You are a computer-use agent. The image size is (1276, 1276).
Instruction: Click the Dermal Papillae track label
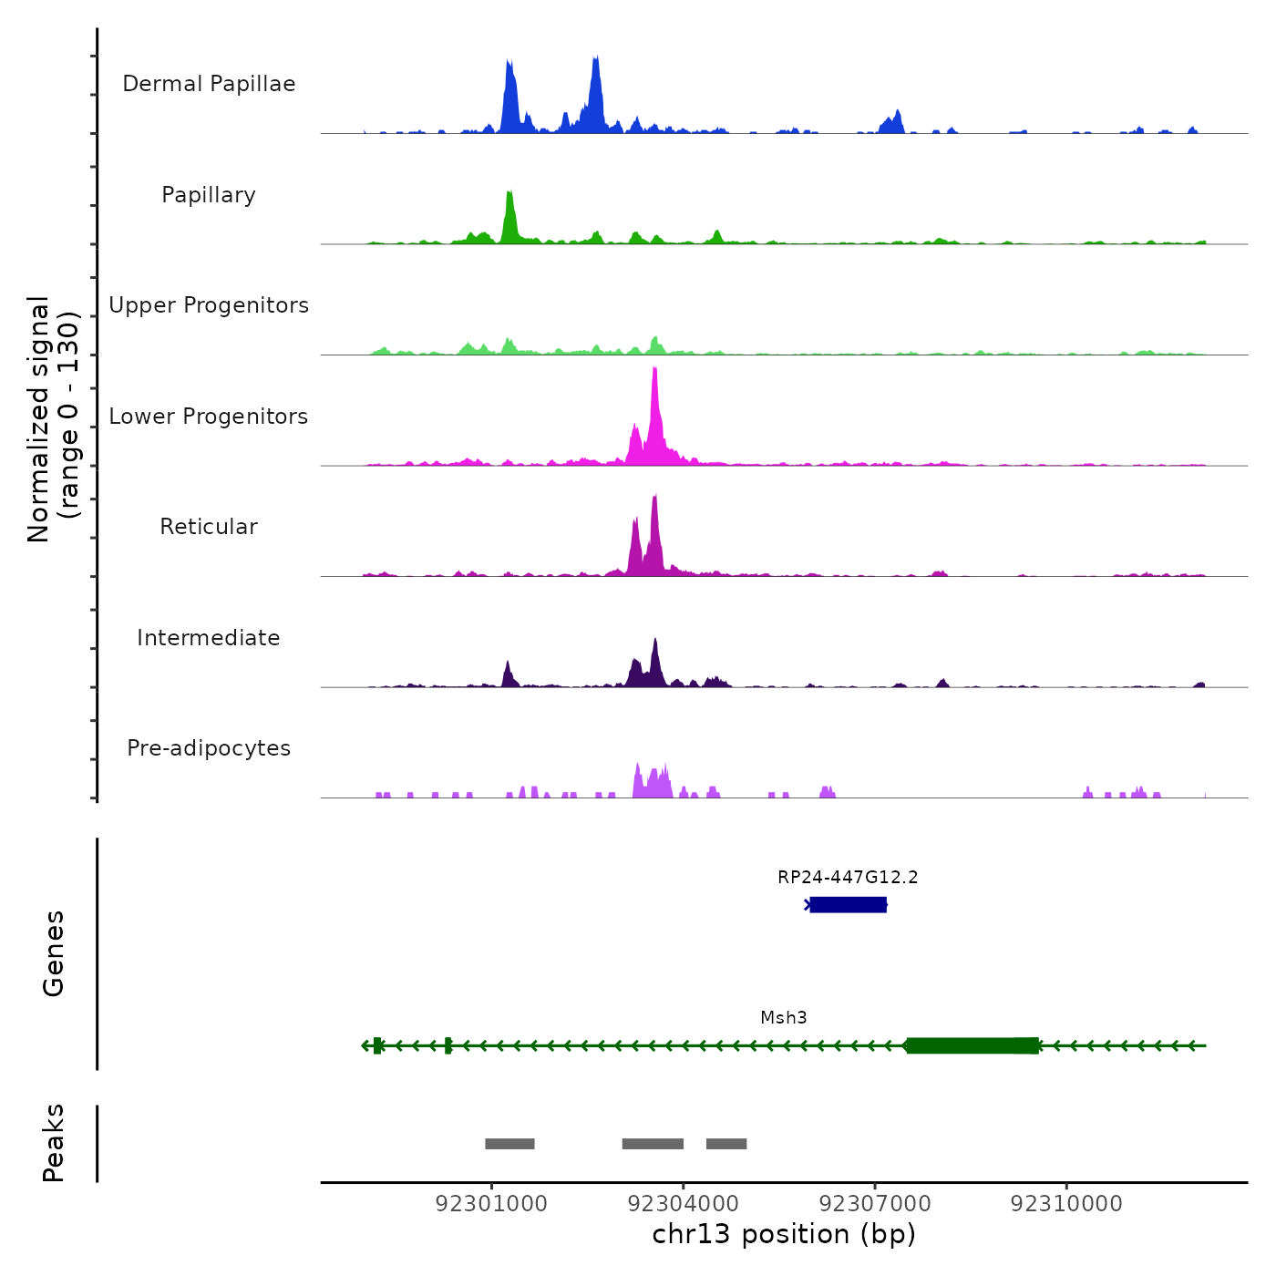tap(209, 84)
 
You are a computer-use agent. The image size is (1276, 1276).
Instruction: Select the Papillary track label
tap(209, 195)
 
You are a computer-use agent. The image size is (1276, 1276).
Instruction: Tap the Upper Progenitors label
tap(209, 305)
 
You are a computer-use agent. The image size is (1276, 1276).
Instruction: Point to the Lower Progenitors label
tap(209, 417)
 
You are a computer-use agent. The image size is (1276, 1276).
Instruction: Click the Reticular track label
tap(209, 527)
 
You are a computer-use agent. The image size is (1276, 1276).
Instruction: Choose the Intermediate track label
tap(209, 638)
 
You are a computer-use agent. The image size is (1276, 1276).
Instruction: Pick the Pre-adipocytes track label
tap(209, 748)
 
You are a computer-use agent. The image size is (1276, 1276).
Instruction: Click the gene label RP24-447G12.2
tap(848, 878)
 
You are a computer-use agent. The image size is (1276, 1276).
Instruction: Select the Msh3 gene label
tap(784, 1018)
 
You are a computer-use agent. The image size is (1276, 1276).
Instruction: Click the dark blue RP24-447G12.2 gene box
tap(848, 904)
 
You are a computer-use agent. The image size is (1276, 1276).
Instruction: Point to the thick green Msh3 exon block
tap(972, 1045)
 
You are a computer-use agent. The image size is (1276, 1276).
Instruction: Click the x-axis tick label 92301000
tap(491, 1204)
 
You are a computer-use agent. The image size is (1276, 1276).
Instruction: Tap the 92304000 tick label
tap(684, 1204)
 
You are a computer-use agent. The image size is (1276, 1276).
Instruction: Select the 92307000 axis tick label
tap(875, 1204)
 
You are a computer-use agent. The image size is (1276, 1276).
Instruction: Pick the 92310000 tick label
tap(1066, 1204)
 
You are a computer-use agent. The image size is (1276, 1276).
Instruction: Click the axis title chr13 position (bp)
tap(784, 1234)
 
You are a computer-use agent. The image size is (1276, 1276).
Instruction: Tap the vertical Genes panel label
tap(54, 953)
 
